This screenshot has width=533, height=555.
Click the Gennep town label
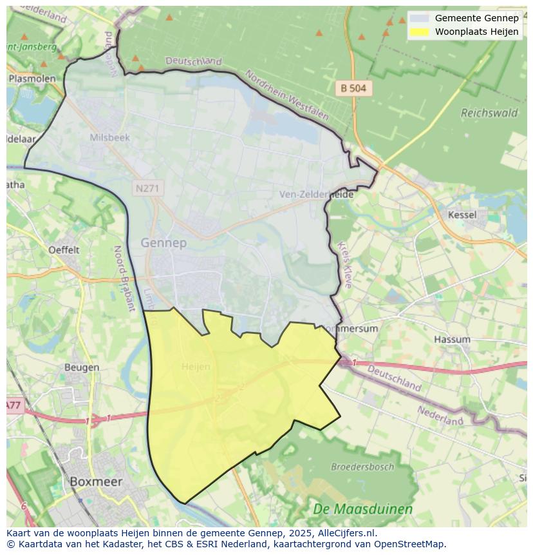pyautogui.click(x=164, y=243)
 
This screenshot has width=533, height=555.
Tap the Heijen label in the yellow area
pyautogui.click(x=196, y=366)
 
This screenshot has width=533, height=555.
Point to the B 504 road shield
pyautogui.click(x=354, y=88)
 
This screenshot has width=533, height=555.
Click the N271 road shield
pyautogui.click(x=149, y=188)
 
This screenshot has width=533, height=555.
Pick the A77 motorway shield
pyautogui.click(x=13, y=405)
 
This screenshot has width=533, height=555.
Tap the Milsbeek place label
pyautogui.click(x=110, y=137)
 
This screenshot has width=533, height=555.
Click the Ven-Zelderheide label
pyautogui.click(x=316, y=194)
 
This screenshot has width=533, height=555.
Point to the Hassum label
pyautogui.click(x=452, y=339)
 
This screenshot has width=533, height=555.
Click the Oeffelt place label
pyautogui.click(x=64, y=249)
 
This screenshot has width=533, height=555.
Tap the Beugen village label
pyautogui.click(x=82, y=367)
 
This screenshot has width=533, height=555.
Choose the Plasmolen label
pyautogui.click(x=32, y=78)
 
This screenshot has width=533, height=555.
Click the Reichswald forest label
pyautogui.click(x=489, y=113)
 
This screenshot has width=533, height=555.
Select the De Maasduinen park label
pyautogui.click(x=362, y=509)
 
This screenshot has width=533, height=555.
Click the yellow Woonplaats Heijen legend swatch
pyautogui.click(x=418, y=32)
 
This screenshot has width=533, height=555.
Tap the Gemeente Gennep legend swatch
pyautogui.click(x=418, y=18)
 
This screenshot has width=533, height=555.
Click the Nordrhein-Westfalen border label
pyautogui.click(x=286, y=95)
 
